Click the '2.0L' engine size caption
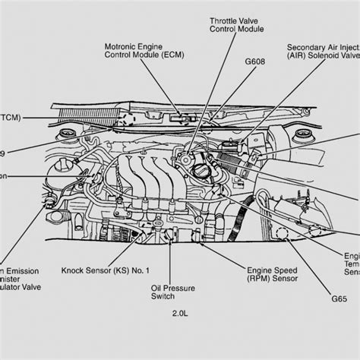[x=181, y=334]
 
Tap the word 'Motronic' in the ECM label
[x=122, y=46]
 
